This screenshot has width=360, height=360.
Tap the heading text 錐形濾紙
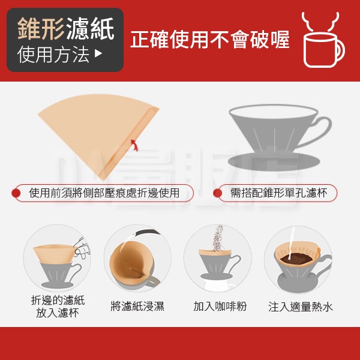(x=66, y=29)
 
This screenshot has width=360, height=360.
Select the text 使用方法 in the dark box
(x=53, y=54)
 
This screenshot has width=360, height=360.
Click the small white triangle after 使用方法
(x=98, y=53)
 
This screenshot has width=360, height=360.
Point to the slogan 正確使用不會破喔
(x=210, y=40)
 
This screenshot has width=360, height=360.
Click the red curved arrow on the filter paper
(x=135, y=145)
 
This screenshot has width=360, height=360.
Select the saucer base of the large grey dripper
(x=274, y=161)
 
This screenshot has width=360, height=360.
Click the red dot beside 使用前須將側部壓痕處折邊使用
(x=16, y=193)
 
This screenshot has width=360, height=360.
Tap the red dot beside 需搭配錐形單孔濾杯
(x=217, y=193)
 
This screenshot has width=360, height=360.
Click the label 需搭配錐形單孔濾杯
(x=279, y=193)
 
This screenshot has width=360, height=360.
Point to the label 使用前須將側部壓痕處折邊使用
(x=104, y=193)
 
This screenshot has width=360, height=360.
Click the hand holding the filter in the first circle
(x=82, y=248)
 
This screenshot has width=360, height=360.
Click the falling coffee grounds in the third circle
(x=218, y=238)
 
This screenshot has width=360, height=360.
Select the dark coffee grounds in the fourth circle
(x=296, y=259)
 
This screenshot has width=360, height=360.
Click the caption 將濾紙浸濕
(x=137, y=306)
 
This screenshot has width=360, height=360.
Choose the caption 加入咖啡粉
(x=220, y=306)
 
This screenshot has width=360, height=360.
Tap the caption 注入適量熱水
(x=301, y=307)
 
